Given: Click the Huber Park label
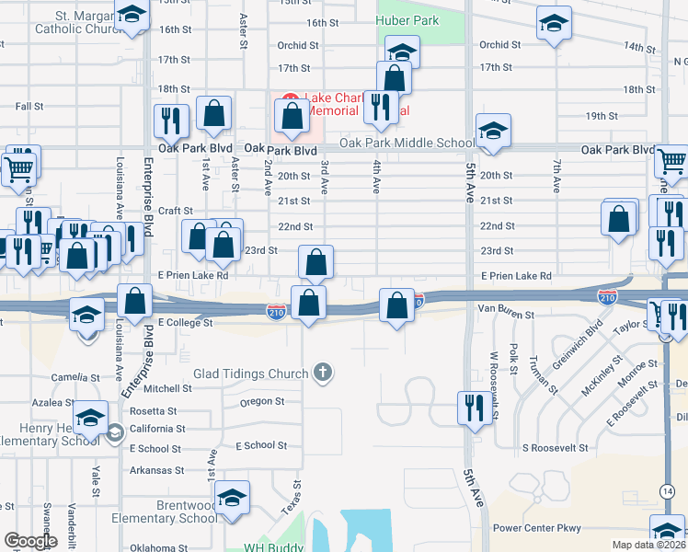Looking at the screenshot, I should pos(407,20).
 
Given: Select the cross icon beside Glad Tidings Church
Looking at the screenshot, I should pos(322,373).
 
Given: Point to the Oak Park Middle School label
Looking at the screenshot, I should pos(407,143).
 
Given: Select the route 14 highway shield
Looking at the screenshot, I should pos(665,491).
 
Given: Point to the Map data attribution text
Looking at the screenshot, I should pos(649,545).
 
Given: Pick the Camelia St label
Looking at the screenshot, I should pos(75,377).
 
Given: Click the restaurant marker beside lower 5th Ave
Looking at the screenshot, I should pos(473,407).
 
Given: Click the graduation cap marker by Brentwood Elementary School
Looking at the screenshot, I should pos(233,498).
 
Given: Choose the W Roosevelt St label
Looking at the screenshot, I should pos(493,382).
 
